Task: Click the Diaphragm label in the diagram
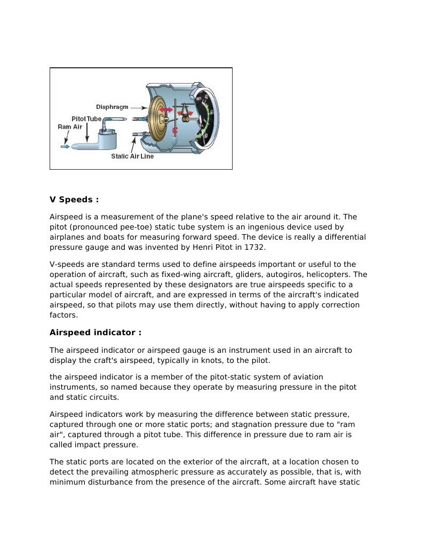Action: tap(112, 107)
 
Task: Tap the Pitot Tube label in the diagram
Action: tap(86, 118)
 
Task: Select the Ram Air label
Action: tap(70, 127)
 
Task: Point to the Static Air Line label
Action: tap(132, 156)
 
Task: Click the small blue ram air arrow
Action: tap(65, 146)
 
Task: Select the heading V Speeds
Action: tap(74, 200)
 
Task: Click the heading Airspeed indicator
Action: tap(95, 333)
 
